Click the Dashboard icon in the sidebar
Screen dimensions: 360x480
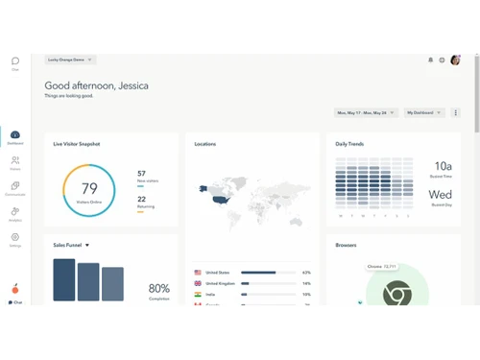(x=15, y=136)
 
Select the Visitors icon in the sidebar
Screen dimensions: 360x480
(x=15, y=161)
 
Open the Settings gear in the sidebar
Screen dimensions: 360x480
(x=15, y=237)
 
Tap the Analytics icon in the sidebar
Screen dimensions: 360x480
(x=15, y=212)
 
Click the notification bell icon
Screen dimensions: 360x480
(x=430, y=60)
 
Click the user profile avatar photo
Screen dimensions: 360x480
(x=455, y=60)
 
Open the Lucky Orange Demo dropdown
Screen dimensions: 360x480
(x=70, y=60)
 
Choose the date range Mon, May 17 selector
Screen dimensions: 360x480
(x=366, y=112)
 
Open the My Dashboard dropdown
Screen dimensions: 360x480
(x=424, y=112)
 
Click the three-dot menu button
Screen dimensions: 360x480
(x=456, y=112)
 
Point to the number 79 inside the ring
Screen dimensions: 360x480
(x=89, y=189)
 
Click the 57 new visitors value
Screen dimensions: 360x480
(x=142, y=174)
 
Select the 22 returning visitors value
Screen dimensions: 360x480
(x=142, y=199)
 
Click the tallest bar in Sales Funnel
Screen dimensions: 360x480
(x=64, y=279)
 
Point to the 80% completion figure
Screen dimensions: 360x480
(x=159, y=288)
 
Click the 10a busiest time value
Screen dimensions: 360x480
(x=443, y=166)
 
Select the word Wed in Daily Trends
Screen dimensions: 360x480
(x=442, y=195)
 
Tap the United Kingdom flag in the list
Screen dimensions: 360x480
(x=198, y=283)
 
